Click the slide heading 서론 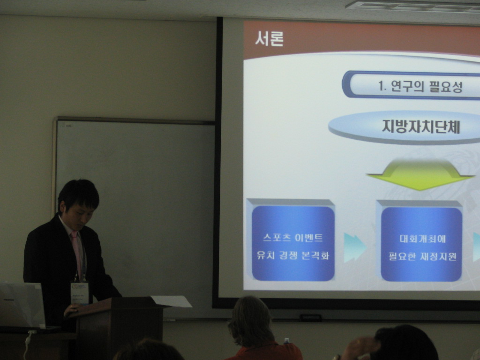269,39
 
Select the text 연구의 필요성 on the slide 427,86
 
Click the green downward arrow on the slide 420,174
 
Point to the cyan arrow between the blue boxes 354,247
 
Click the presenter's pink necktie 76,254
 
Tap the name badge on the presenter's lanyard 80,293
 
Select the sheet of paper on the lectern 172,301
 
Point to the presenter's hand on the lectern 72,309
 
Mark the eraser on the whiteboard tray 311,318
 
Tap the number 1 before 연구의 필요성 381,86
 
